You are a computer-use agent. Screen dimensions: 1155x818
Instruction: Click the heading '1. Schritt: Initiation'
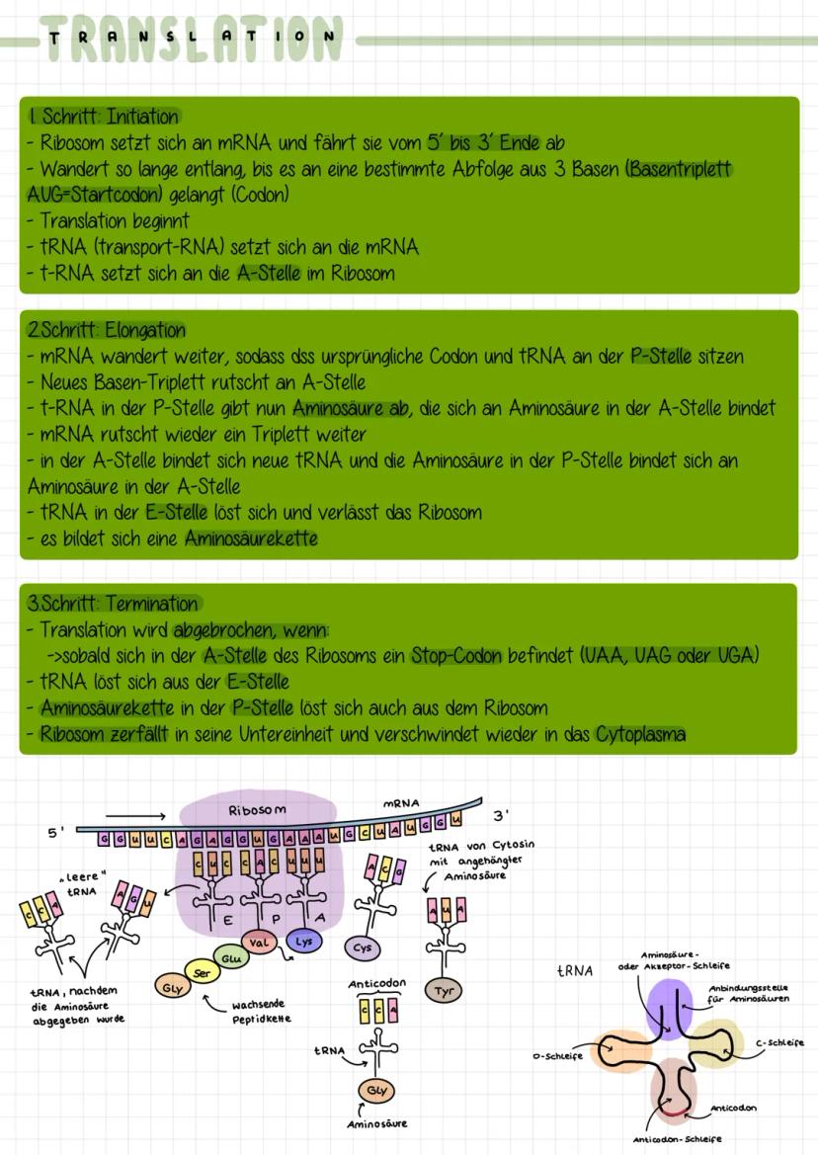[x=105, y=117]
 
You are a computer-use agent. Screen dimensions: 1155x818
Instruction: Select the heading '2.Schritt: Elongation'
[x=107, y=331]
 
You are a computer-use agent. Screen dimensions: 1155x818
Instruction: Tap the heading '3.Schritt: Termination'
[x=114, y=604]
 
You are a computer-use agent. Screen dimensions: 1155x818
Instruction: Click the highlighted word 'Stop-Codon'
[x=457, y=656]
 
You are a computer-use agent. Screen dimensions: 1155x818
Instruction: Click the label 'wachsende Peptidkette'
[x=254, y=1010]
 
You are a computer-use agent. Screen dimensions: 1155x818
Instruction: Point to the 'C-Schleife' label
[x=779, y=1042]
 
